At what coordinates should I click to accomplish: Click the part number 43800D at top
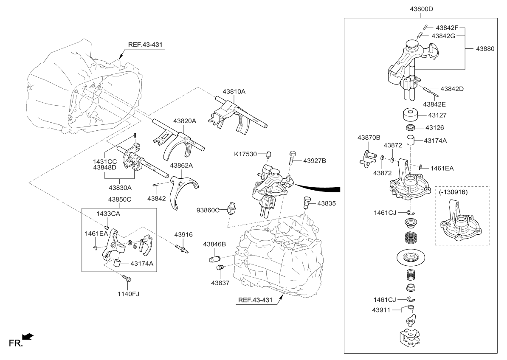coord(421,8)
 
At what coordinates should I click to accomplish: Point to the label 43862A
coord(182,165)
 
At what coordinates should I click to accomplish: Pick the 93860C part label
coord(208,210)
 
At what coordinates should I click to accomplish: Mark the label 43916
coord(183,234)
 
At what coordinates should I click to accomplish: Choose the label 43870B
coord(369,138)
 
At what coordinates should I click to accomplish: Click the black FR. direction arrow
coord(28,337)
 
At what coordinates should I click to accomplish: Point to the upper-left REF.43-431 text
coord(145,44)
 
